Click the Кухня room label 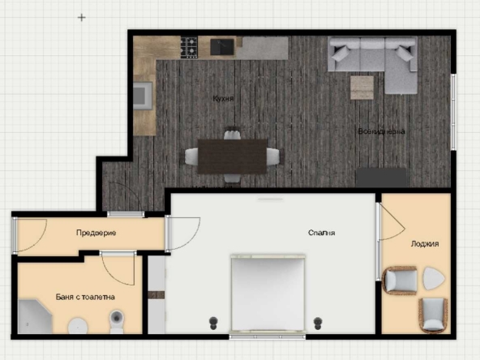pos(224,98)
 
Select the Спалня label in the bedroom pos(322,233)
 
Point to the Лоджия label pos(425,242)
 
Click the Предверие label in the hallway pos(96,233)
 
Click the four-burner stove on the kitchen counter pos(189,48)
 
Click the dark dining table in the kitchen pos(233,156)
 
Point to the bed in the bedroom pos(268,294)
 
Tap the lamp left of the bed pos(215,321)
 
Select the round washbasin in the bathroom pos(78,326)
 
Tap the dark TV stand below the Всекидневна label pos(382,177)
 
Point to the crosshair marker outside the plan pos(81,16)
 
